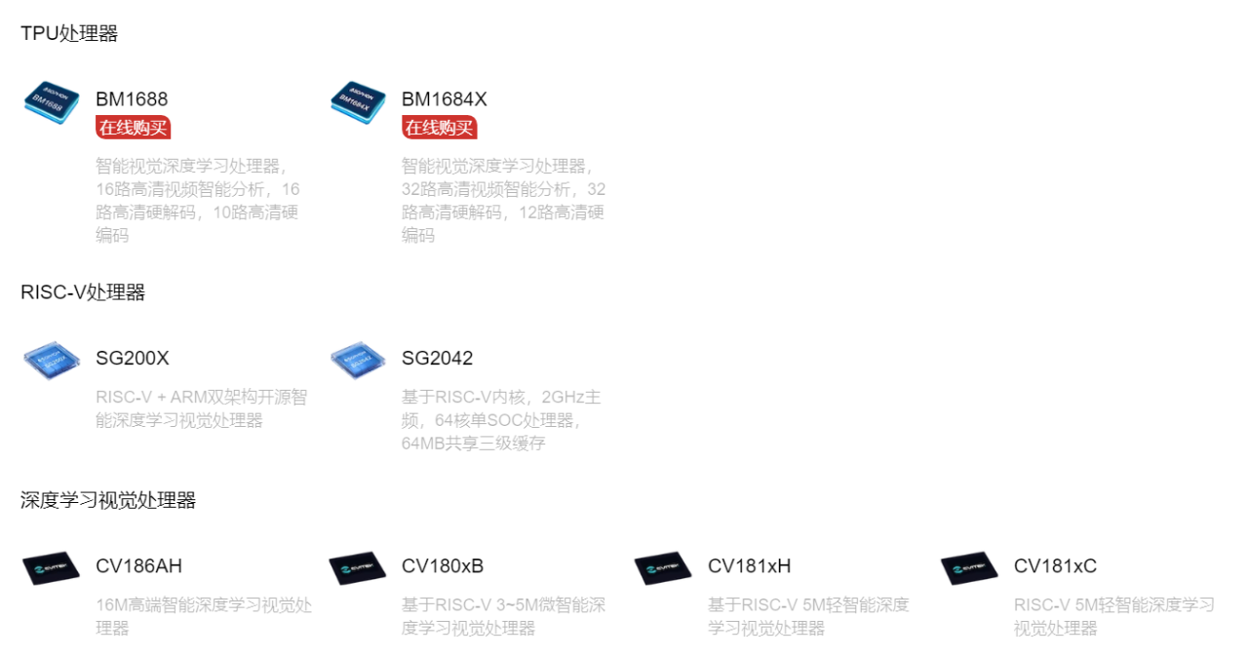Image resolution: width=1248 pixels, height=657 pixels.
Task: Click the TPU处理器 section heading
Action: tap(69, 34)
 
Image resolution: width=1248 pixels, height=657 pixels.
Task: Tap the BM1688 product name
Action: tap(132, 99)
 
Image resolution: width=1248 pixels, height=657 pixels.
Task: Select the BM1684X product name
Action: tap(444, 99)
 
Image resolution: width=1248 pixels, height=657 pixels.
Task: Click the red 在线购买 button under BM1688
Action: tap(134, 128)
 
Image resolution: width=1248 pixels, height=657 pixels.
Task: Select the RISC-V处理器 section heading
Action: tap(83, 292)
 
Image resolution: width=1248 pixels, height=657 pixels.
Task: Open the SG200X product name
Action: tap(133, 359)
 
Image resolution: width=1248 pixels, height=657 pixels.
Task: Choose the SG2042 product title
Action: tap(437, 359)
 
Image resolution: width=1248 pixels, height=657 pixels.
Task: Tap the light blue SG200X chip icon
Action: tap(51, 360)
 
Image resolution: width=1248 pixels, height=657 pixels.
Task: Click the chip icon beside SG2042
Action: tap(358, 360)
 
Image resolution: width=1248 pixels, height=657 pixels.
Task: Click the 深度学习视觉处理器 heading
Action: tap(108, 501)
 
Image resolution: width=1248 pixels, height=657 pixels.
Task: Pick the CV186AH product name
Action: tap(138, 566)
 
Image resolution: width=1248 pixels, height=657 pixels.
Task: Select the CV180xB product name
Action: tap(443, 566)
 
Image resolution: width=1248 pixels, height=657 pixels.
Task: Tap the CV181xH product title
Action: tap(749, 566)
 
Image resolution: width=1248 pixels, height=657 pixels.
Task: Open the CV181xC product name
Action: tap(1055, 566)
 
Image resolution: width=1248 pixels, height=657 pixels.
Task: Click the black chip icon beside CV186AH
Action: tap(51, 568)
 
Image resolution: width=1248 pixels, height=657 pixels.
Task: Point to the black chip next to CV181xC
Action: tap(969, 568)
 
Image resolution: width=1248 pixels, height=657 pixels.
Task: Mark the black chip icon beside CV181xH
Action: tap(663, 568)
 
